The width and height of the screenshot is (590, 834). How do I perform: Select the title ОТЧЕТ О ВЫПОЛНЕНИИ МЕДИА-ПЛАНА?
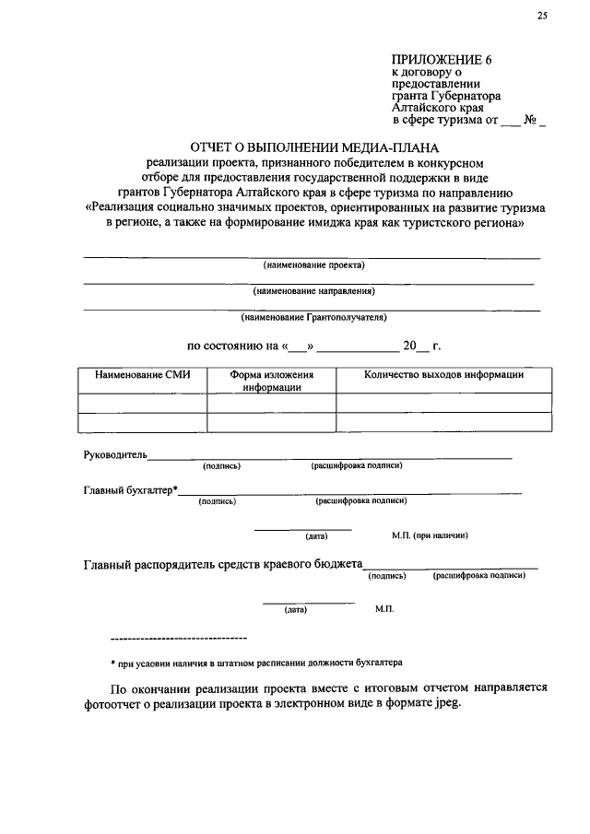coord(315,147)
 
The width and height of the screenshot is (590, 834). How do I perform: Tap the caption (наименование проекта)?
coord(313,265)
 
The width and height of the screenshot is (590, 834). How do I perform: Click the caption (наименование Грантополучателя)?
coord(313,317)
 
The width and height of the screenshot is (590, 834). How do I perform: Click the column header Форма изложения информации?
coord(272,382)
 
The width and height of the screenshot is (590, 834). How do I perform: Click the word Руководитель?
coord(115,453)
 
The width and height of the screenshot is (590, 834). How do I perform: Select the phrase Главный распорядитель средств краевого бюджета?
coord(222,565)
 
